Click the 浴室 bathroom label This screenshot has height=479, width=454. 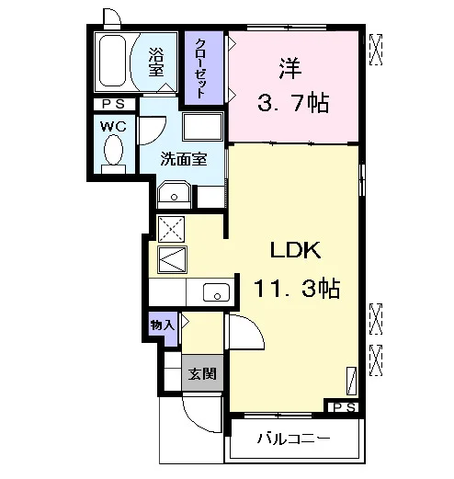tap(156, 62)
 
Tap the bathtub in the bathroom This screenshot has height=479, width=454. tap(113, 62)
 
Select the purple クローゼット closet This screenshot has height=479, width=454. tap(204, 68)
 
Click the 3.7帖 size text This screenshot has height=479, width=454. tap(293, 103)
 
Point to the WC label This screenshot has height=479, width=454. tap(114, 126)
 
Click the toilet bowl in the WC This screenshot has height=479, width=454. tap(113, 150)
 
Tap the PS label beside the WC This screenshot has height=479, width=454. tap(114, 104)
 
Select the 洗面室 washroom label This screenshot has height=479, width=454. tap(184, 159)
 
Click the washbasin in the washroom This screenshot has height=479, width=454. tap(174, 194)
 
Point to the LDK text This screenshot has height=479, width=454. tap(296, 250)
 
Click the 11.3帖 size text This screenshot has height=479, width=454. tap(297, 289)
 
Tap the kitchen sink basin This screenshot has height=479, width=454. tap(216, 292)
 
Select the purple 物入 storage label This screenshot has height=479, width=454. tap(163, 325)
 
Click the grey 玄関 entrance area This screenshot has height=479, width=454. tap(202, 373)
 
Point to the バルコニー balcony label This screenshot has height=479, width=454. tap(293, 439)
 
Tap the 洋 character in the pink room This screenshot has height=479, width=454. tap(290, 69)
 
